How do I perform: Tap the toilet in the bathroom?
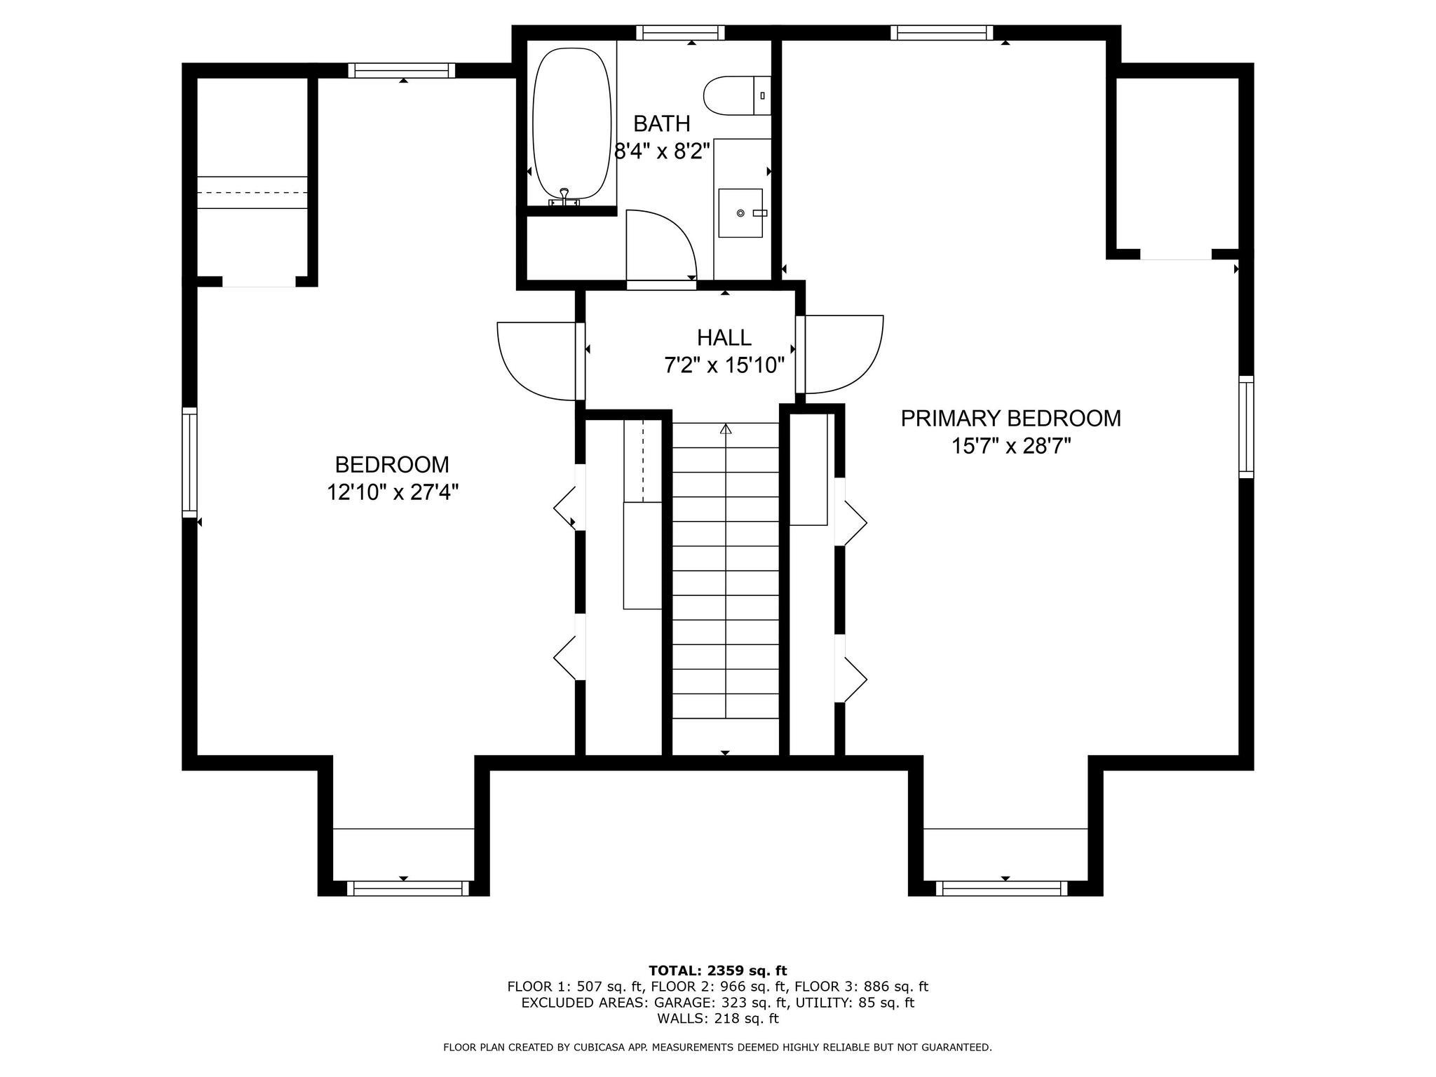737,95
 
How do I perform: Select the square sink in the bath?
740,212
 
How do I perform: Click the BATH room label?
662,123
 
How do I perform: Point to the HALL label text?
724,337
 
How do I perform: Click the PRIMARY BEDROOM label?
1010,418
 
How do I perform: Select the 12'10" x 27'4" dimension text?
393,492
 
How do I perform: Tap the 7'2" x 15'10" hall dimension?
724,365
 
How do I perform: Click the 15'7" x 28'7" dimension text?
1011,446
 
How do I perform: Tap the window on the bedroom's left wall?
190,463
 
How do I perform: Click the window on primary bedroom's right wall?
1246,426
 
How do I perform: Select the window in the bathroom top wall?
680,32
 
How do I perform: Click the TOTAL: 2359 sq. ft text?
718,970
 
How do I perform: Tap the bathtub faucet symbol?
564,197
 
